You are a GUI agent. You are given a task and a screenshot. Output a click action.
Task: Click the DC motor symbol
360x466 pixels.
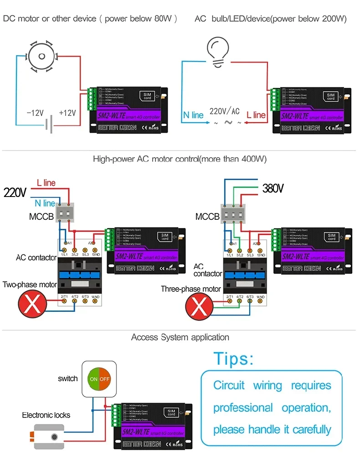click(42, 56)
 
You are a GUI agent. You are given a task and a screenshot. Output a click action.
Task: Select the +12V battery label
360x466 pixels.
click(67, 113)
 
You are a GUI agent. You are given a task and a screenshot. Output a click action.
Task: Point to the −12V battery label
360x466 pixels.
click(35, 113)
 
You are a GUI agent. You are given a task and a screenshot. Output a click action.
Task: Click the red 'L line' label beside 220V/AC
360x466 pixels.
click(256, 115)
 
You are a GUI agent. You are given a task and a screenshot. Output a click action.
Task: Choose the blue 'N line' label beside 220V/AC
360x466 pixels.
click(193, 115)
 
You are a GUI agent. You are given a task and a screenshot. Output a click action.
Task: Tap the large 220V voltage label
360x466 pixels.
click(15, 192)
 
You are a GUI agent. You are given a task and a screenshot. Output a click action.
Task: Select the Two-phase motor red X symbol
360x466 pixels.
click(31, 305)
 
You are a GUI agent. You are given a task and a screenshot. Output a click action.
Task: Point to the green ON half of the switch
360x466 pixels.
click(93, 379)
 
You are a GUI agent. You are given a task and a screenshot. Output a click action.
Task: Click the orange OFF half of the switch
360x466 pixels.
click(105, 379)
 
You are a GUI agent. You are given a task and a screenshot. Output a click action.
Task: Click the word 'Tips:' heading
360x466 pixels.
click(234, 359)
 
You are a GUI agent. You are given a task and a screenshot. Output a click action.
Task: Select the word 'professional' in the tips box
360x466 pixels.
click(243, 408)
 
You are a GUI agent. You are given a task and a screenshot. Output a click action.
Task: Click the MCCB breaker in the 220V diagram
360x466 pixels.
click(65, 213)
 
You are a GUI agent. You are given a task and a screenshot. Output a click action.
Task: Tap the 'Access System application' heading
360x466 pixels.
click(180, 337)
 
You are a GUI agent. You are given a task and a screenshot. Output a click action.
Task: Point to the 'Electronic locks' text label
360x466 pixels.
click(46, 415)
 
